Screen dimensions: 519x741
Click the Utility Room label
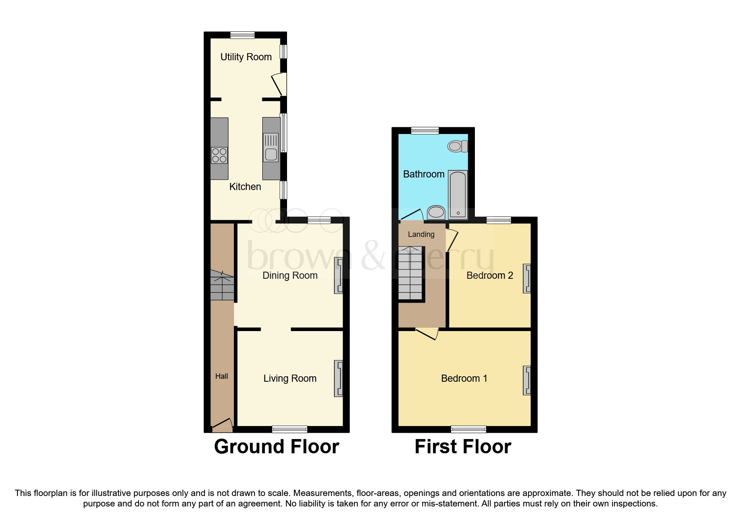[x=246, y=57]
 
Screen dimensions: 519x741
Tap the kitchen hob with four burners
[x=219, y=155]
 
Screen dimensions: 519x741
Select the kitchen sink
[x=271, y=147]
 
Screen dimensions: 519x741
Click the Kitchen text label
[x=245, y=187]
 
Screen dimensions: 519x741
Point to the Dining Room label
[x=290, y=275]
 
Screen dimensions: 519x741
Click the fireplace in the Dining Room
[x=338, y=275]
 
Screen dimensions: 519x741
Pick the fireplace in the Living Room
[x=338, y=378]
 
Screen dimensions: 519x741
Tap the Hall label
[x=222, y=376]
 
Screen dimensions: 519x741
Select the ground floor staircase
[x=222, y=285]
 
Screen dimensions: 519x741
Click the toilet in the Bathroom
[x=457, y=146]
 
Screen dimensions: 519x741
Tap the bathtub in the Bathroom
[x=458, y=195]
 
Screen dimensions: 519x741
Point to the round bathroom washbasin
[x=436, y=212]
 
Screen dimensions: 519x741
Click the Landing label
[x=421, y=234]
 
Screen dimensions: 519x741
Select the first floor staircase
[x=410, y=273]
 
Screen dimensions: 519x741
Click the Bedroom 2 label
[x=490, y=275]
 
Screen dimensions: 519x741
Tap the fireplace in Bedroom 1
[x=527, y=380]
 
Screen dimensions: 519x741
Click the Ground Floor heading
[x=277, y=447]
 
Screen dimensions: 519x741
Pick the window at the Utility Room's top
[x=242, y=35]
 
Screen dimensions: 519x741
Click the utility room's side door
[x=279, y=84]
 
